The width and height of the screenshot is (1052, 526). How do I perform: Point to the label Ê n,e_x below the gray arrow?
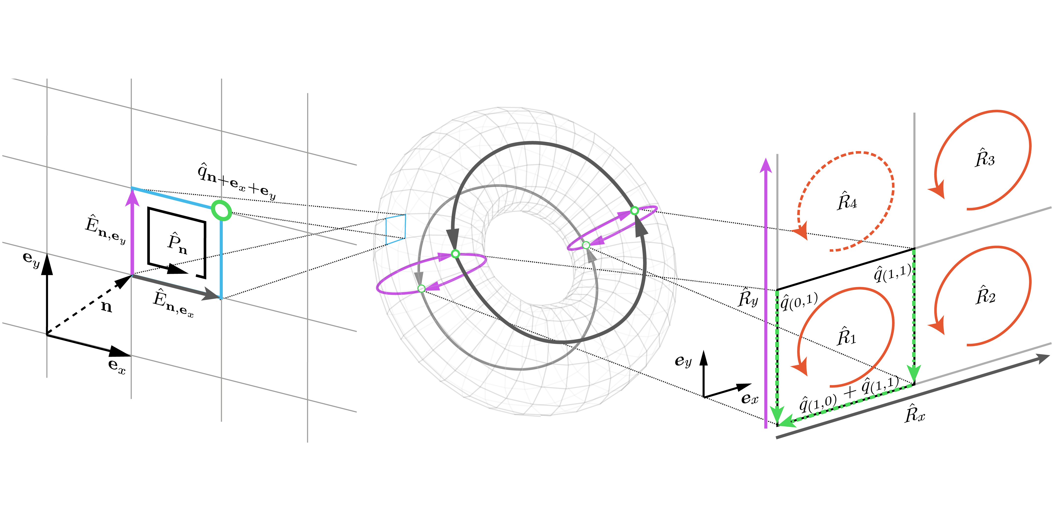tap(173, 303)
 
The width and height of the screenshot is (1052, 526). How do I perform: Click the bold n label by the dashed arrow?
tap(106, 306)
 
